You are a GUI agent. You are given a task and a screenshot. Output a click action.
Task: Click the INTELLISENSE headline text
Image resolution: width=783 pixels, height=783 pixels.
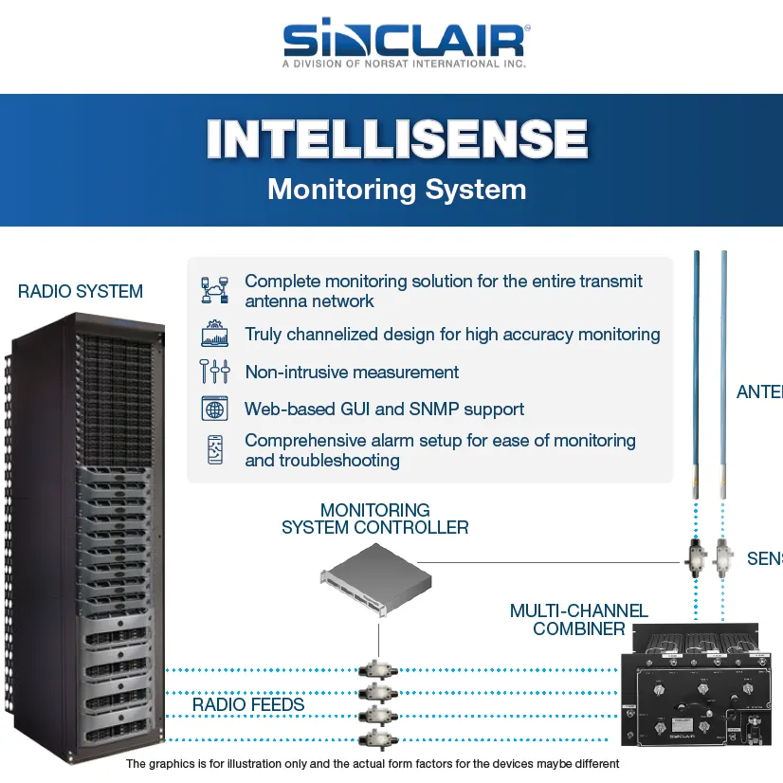pos(396,139)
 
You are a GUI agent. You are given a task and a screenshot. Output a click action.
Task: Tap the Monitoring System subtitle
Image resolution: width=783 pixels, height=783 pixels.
pos(396,189)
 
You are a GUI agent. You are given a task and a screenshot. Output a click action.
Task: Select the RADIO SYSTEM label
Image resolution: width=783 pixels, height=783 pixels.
pos(81,292)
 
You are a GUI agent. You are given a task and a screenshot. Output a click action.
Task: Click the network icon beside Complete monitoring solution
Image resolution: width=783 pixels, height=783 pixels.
pos(215,290)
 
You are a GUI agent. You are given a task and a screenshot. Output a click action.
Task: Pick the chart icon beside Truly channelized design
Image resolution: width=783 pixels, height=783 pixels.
pos(215,335)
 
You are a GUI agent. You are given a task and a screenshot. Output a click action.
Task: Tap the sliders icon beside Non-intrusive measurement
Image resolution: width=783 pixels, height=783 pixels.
pos(215,372)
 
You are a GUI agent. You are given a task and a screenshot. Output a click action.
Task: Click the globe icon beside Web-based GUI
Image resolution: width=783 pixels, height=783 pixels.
pos(215,409)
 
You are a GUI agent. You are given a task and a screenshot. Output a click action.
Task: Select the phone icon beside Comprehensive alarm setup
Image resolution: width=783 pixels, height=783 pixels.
pos(215,449)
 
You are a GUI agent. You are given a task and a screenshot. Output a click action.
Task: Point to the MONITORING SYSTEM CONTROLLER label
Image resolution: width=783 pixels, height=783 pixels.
pos(375,519)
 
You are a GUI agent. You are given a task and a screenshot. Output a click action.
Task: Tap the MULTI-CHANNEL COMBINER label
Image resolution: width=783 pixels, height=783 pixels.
pos(578,619)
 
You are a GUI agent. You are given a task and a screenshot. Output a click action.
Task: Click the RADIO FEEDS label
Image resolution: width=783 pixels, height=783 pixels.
pos(248,705)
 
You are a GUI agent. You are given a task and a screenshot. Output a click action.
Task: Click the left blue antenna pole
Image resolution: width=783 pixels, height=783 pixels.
pos(697,379)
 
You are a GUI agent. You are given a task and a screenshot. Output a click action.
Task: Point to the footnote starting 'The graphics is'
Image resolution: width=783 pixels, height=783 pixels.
pos(372,763)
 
